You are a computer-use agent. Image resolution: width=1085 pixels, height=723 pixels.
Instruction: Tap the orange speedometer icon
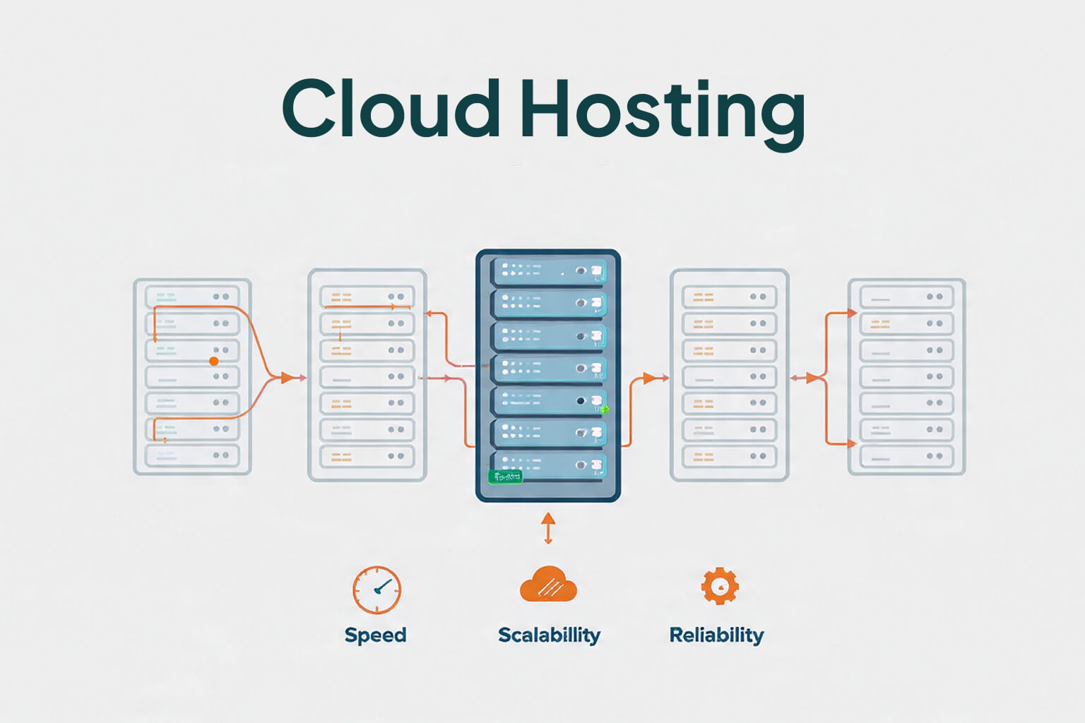[x=377, y=590]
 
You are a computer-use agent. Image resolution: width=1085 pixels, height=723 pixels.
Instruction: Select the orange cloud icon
[x=548, y=585]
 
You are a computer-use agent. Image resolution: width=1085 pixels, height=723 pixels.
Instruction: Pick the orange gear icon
[x=719, y=585]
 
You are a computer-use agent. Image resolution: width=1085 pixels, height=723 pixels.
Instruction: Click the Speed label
[x=375, y=635]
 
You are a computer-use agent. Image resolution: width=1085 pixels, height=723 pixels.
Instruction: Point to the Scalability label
[x=549, y=635]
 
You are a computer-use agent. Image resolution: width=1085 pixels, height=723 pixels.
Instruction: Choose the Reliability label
[x=716, y=635]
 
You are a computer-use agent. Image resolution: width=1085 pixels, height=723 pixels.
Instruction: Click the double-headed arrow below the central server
[x=548, y=529]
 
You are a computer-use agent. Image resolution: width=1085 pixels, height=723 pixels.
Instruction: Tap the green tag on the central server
[x=506, y=477]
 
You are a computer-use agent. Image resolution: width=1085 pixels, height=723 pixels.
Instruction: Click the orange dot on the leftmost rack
[x=214, y=361]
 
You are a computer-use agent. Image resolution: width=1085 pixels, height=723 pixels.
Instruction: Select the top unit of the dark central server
[x=548, y=270]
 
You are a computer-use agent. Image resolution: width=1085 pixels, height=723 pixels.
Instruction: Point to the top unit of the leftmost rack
[x=192, y=297]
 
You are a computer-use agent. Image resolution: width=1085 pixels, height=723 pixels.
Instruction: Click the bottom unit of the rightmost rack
[x=906, y=456]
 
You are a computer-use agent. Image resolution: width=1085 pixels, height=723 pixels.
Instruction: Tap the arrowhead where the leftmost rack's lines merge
[x=287, y=378]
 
